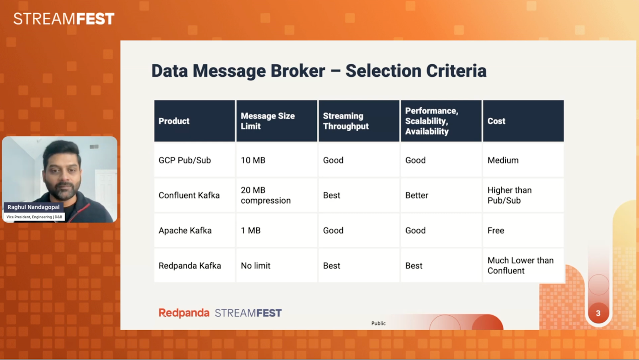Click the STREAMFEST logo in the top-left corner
[x=64, y=19]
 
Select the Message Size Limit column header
[x=268, y=121]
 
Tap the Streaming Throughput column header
[x=346, y=121]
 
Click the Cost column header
[x=496, y=121]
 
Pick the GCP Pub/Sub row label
[x=185, y=160]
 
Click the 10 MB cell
[x=253, y=160]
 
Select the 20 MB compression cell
[x=266, y=195]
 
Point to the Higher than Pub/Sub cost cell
[x=509, y=195]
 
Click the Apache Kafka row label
[x=185, y=230]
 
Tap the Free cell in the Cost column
[x=496, y=230]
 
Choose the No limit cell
[x=256, y=265]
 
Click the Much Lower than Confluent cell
[x=520, y=265]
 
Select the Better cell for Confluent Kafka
[x=417, y=195]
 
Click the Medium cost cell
[x=503, y=160]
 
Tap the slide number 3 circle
[x=598, y=313]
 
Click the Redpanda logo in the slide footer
[x=184, y=313]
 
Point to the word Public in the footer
[x=378, y=323]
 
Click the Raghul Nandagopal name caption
[x=34, y=207]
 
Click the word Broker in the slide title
[x=298, y=71]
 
